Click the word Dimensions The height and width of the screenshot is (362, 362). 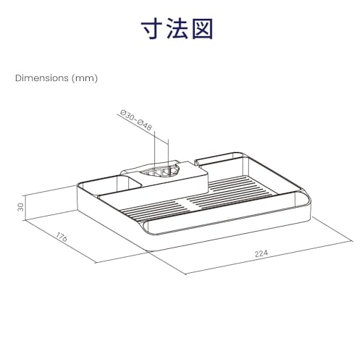pos(42,78)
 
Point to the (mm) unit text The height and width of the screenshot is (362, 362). pos(85,78)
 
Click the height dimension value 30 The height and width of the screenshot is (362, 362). pos(21,207)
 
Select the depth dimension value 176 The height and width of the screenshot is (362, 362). pos(62,237)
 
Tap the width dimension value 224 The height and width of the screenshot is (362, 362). pos(261,253)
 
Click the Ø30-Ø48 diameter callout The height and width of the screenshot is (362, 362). pos(136,120)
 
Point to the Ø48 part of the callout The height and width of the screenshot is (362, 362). pos(145,125)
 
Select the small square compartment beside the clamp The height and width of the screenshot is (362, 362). pos(111,185)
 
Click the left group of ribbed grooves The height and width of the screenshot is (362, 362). pos(154,209)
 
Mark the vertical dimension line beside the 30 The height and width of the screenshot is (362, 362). pos(25,208)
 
